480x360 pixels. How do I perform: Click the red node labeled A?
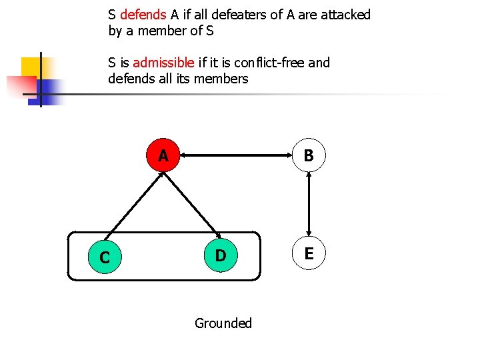point(163,156)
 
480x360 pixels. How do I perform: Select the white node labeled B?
point(309,156)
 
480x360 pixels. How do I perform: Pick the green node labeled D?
point(221,255)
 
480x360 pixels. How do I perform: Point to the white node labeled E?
point(309,253)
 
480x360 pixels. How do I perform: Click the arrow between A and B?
point(236,156)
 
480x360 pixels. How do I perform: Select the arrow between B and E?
point(309,205)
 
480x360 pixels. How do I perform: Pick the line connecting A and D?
point(193,207)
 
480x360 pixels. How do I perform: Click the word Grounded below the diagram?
point(223,323)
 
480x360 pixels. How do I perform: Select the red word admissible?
point(164,63)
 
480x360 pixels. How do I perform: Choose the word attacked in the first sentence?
point(344,15)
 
